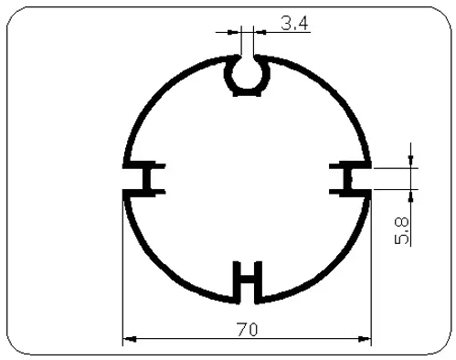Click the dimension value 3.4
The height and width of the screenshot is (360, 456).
[293, 23]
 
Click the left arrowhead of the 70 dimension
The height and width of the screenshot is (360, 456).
[129, 339]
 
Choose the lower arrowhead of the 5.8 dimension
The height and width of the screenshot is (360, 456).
[412, 194]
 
